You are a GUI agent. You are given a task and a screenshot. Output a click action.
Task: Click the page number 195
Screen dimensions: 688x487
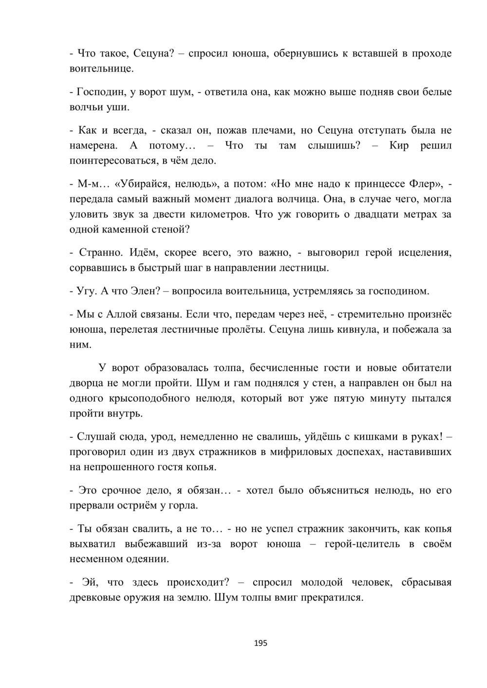(x=261, y=643)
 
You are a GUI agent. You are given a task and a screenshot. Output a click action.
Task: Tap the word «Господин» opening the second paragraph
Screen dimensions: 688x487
(x=100, y=92)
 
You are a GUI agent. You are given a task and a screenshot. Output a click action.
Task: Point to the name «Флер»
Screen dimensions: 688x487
(x=426, y=184)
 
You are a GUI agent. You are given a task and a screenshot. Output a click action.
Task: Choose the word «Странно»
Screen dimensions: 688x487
(x=100, y=253)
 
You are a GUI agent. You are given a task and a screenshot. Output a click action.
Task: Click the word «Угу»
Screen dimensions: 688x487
(x=88, y=291)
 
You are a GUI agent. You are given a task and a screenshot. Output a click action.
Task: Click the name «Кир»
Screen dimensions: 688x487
(x=399, y=145)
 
